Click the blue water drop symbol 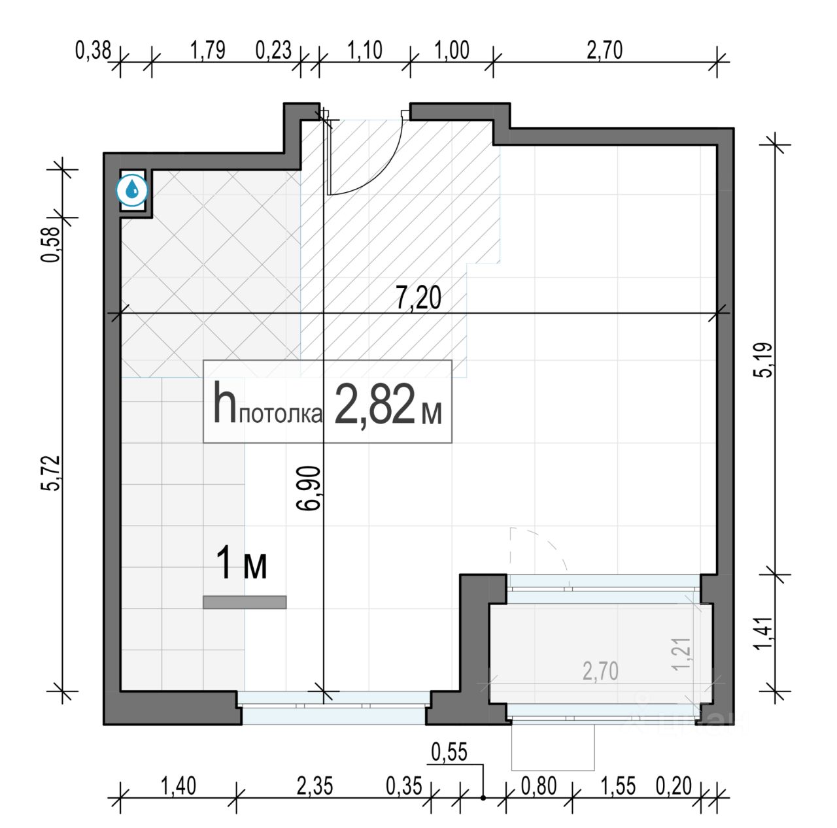coord(132,190)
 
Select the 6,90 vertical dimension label coord(308,488)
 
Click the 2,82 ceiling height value coord(375,404)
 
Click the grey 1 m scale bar coord(245,603)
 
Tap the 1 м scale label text coord(241,563)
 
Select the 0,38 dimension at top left coord(94,50)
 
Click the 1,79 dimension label coord(208,50)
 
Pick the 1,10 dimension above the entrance coord(365,50)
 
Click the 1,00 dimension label coord(452,50)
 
